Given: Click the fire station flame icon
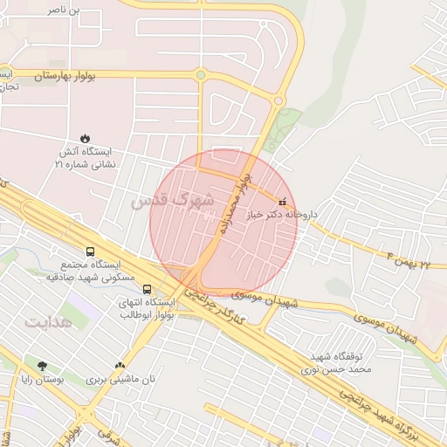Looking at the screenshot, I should pyautogui.click(x=85, y=138).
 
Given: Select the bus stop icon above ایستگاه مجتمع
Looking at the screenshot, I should pyautogui.click(x=91, y=251).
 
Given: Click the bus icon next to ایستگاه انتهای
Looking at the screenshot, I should pyautogui.click(x=147, y=289).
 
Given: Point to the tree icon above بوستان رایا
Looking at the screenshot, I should pyautogui.click(x=41, y=366).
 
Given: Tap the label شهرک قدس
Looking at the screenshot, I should pyautogui.click(x=172, y=201).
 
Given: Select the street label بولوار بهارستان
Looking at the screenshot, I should pyautogui.click(x=71, y=77).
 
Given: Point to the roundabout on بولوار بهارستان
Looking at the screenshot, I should pyautogui.click(x=202, y=75).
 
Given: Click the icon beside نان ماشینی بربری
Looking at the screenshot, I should pyautogui.click(x=120, y=367).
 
